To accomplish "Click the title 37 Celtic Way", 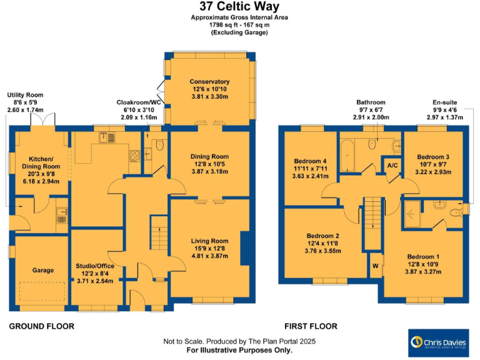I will (x=239, y=7).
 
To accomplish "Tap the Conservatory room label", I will (x=209, y=82).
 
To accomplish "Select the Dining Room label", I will (x=209, y=157).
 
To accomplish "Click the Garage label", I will (x=43, y=271).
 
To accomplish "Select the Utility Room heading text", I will (x=26, y=95).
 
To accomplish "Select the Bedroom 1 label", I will (x=423, y=256).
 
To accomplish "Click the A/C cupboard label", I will (x=392, y=166).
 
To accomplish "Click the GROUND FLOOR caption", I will (x=42, y=326).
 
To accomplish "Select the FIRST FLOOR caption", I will (x=311, y=326).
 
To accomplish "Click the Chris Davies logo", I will (x=437, y=342).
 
